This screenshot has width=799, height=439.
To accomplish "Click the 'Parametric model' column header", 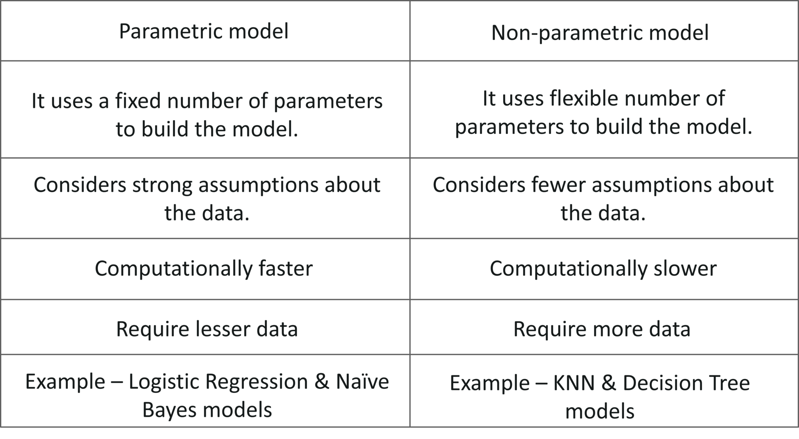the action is (204, 32).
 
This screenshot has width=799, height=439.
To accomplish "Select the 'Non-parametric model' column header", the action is (600, 32).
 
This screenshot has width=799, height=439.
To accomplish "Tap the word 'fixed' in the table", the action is (137, 101).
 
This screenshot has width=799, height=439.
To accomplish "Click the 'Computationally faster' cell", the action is (204, 268).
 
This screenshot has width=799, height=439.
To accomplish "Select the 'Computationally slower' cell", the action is (603, 268).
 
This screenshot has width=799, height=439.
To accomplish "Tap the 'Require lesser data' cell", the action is (207, 329).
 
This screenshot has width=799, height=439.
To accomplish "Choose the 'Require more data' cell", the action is (601, 329).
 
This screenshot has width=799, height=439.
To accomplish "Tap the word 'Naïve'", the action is (362, 382).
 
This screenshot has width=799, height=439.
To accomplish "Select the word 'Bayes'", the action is (167, 409).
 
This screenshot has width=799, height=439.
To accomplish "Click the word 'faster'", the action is (286, 268).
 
